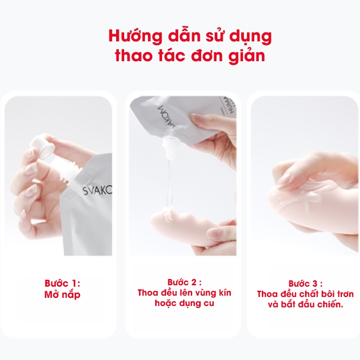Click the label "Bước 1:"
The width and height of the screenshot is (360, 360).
pyautogui.click(x=63, y=283)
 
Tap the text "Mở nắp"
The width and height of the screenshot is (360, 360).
pyautogui.click(x=63, y=295)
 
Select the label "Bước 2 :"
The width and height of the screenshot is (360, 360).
pyautogui.click(x=184, y=282)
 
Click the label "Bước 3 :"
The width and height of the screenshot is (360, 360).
pyautogui.click(x=306, y=283)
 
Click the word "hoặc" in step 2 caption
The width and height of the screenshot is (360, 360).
pyautogui.click(x=165, y=303)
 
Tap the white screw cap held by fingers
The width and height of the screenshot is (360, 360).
pyautogui.click(x=40, y=148)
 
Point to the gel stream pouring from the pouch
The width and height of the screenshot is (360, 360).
pyautogui.click(x=170, y=181)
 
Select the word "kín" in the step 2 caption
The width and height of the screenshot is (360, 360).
pyautogui.click(x=225, y=293)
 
